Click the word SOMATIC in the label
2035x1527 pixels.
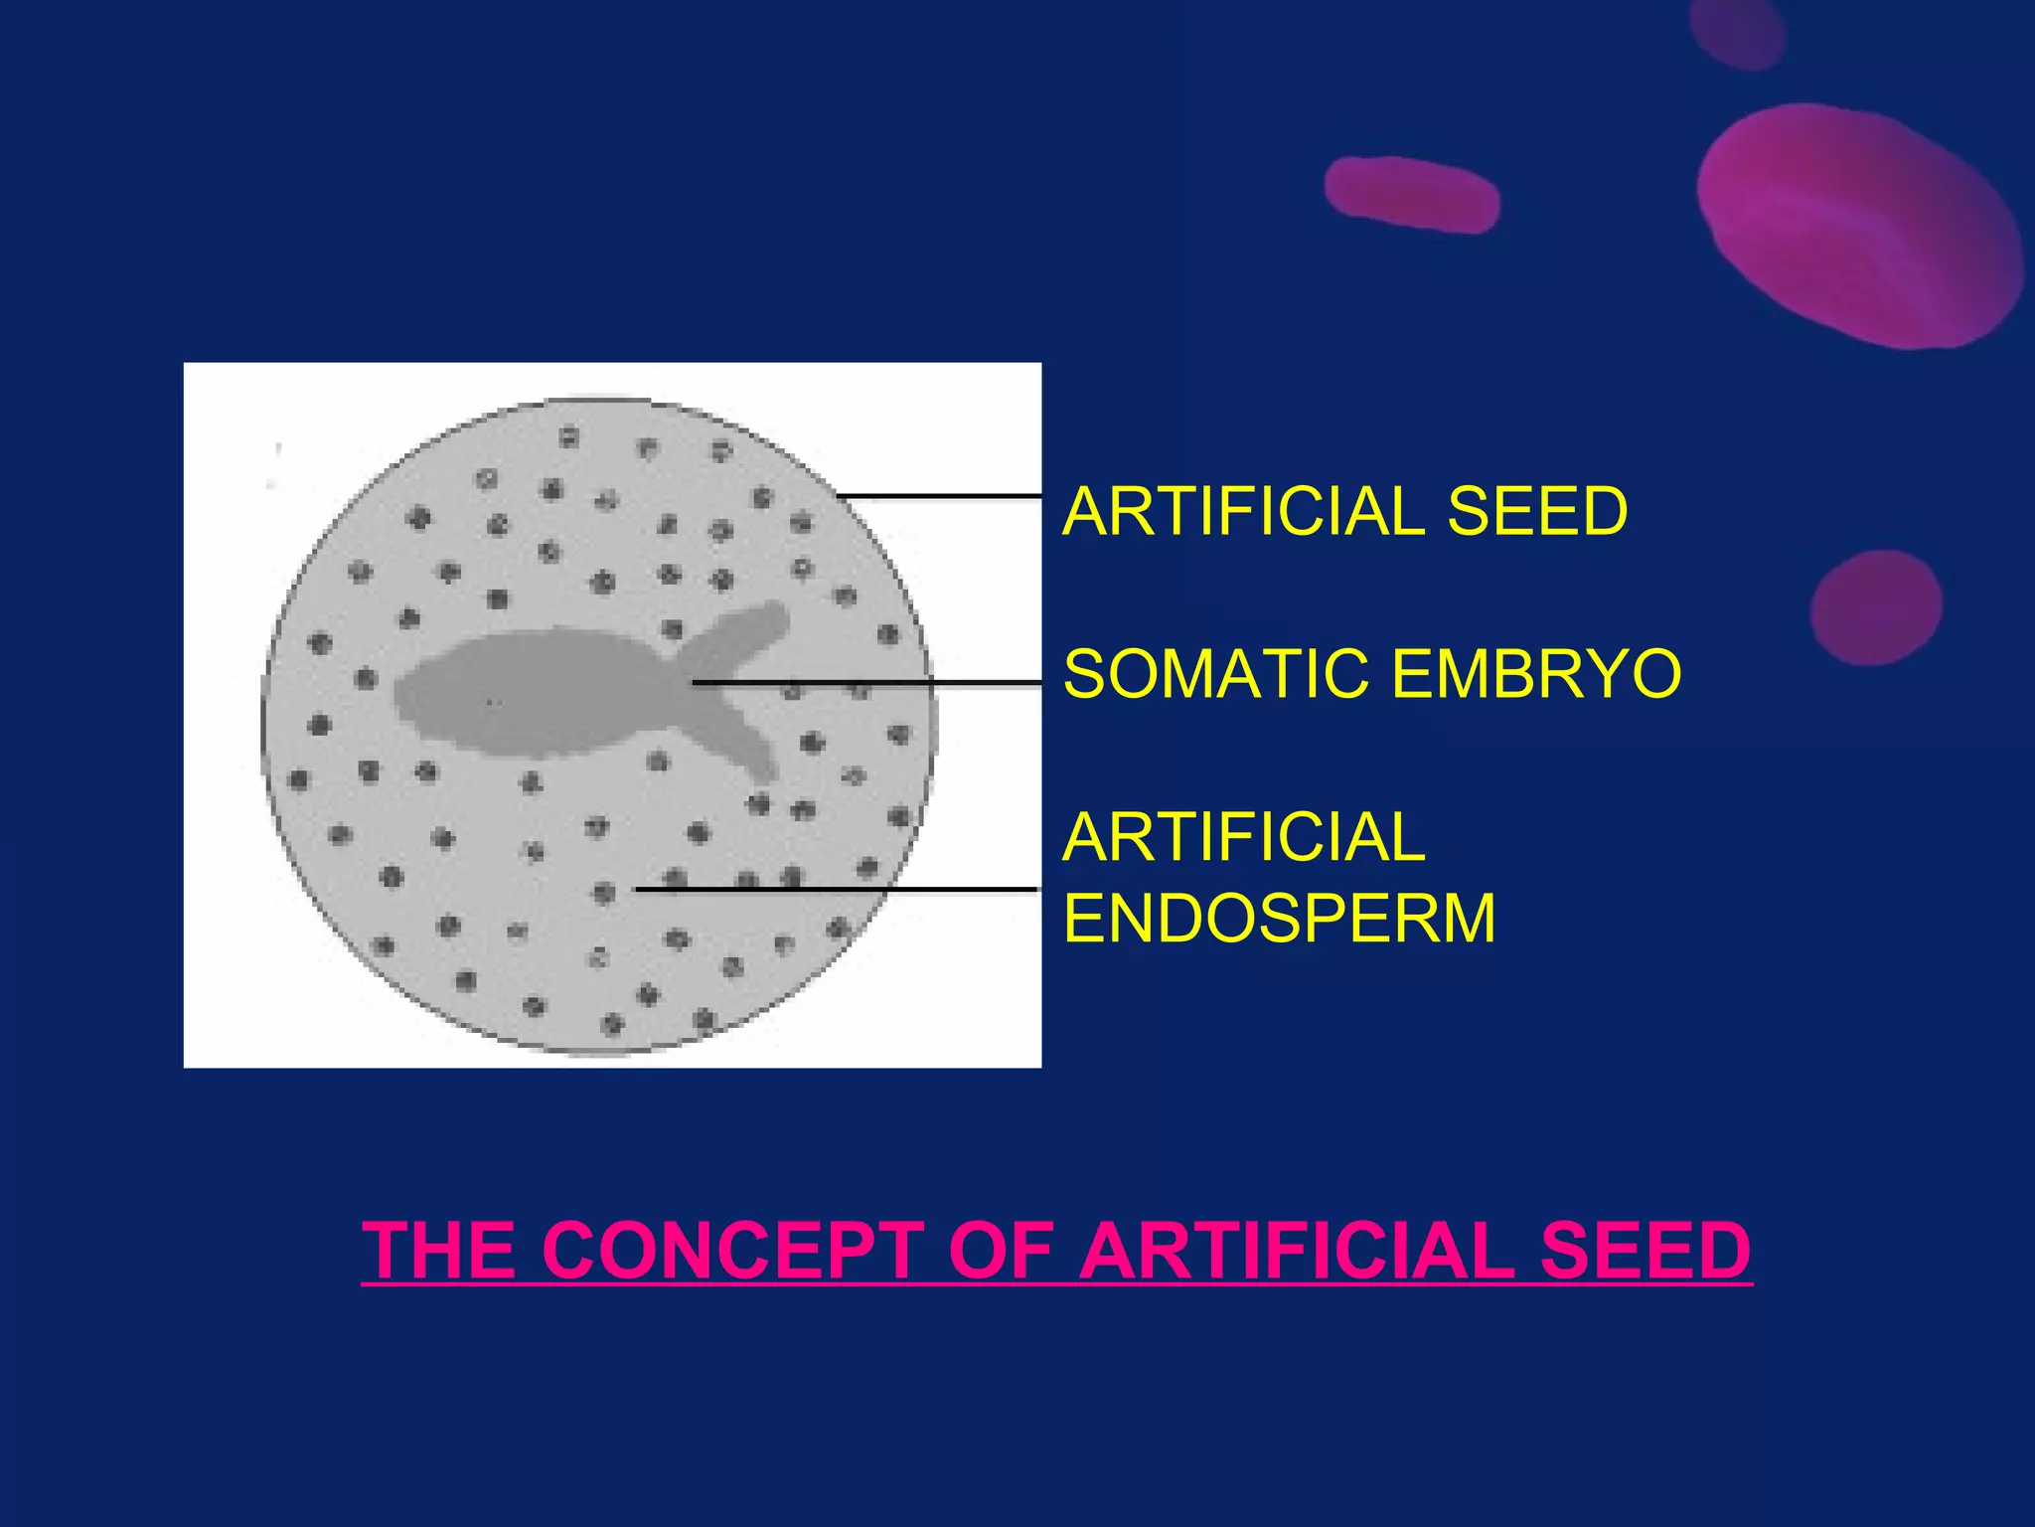click(1215, 673)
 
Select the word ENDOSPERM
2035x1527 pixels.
click(1279, 918)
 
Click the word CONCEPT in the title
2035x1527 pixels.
click(733, 1250)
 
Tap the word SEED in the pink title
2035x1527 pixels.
click(1644, 1250)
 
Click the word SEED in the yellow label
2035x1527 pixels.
click(1536, 511)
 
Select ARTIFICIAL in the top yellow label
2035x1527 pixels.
click(1243, 511)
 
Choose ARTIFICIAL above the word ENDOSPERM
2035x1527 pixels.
click(1243, 837)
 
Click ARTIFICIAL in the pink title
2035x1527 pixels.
click(1299, 1250)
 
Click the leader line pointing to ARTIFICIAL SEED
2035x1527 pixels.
click(939, 495)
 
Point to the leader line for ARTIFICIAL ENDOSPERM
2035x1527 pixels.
click(835, 889)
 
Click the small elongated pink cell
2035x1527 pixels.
click(1411, 194)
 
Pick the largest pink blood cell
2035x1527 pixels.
click(1858, 227)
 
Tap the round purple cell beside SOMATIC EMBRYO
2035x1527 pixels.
click(1875, 606)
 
